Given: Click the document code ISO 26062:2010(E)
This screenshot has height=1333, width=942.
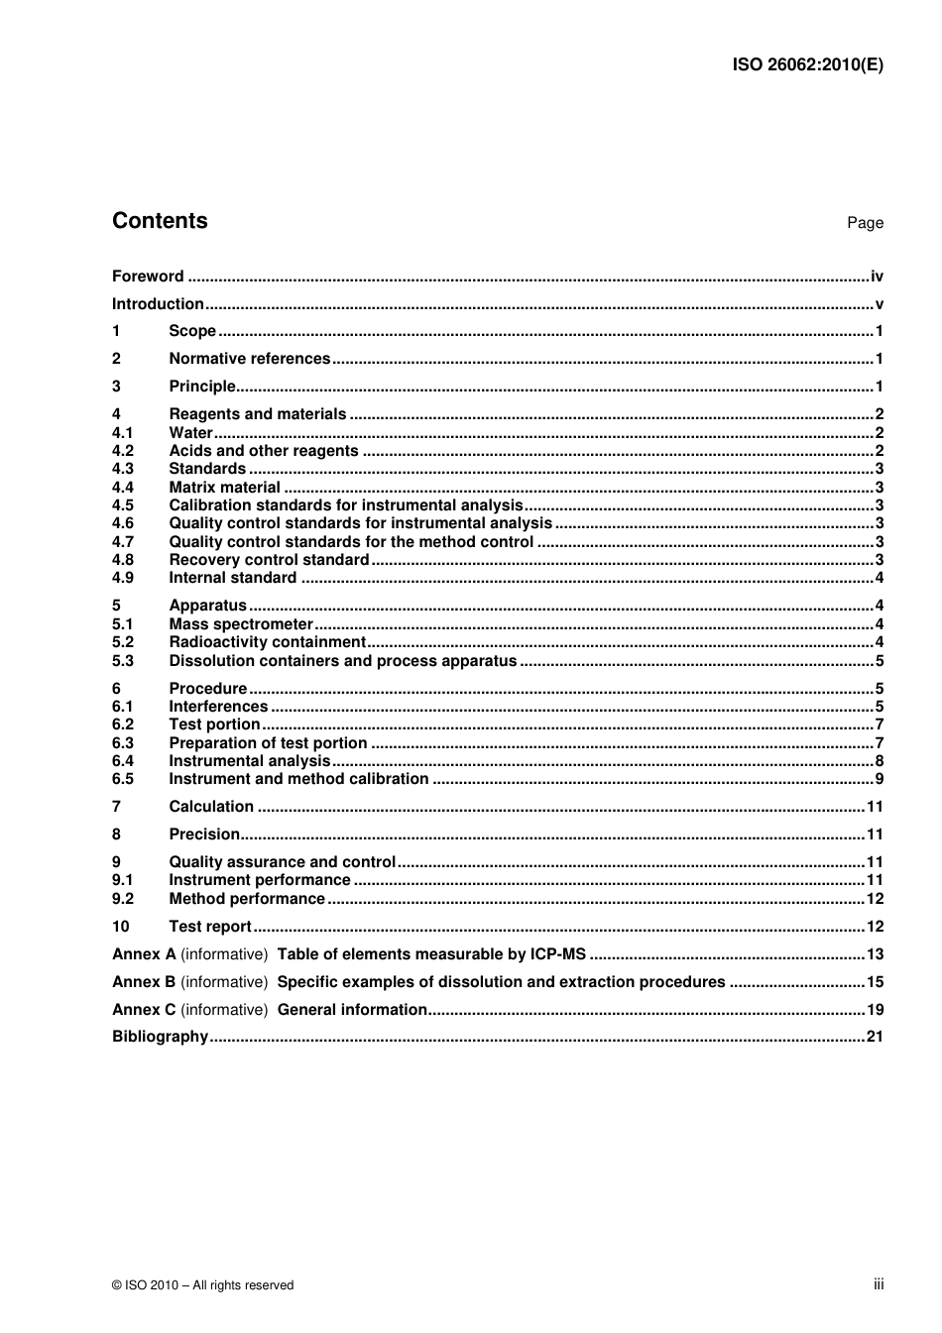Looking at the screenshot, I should (x=807, y=65).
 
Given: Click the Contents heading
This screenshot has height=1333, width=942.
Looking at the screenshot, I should (x=160, y=221).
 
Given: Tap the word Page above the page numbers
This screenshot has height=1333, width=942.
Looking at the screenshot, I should (x=865, y=223).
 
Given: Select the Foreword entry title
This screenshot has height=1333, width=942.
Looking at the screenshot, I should (x=148, y=277).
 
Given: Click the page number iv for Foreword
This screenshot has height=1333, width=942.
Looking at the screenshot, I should (x=877, y=277).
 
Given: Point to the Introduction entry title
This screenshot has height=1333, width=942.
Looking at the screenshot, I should (x=158, y=304).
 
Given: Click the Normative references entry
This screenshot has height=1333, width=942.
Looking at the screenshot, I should (x=249, y=359).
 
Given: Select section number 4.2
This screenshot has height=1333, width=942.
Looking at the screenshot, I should (x=123, y=451).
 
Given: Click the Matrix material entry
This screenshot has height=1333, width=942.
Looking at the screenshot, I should (x=224, y=488).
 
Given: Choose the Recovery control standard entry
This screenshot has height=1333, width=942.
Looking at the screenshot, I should (x=269, y=560).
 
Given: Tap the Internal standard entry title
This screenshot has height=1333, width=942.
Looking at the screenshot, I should (x=232, y=578).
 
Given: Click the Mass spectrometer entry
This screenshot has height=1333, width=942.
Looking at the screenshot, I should (x=241, y=624).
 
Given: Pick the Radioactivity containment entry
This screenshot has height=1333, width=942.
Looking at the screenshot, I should (x=267, y=642).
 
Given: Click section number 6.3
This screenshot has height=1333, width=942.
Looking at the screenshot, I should (x=123, y=743).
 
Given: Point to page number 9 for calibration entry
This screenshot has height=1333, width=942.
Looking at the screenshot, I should (x=879, y=779).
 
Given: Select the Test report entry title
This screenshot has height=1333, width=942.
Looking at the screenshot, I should (x=210, y=927).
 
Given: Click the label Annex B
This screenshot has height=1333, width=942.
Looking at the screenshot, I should (x=144, y=982).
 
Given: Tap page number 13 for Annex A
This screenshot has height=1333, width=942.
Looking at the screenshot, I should (x=875, y=954).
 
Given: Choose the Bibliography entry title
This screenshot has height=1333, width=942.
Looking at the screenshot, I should (x=160, y=1037).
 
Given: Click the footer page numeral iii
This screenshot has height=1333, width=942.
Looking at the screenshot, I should (x=879, y=1284).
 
